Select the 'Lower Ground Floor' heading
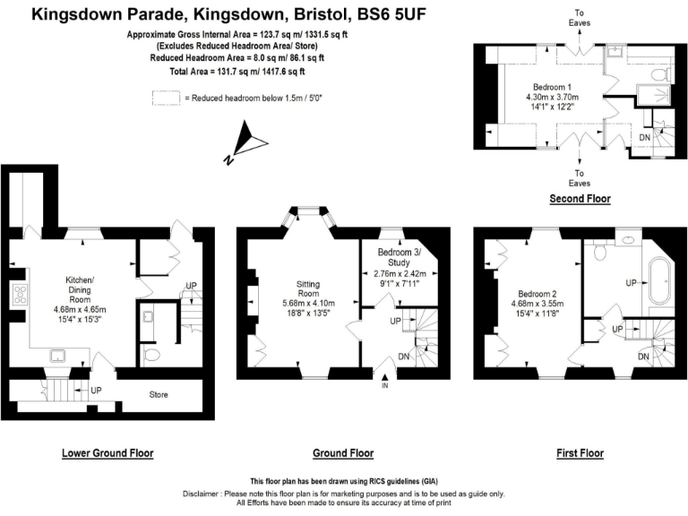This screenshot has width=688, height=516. coord(107,453)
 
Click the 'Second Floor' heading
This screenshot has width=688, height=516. coord(580,199)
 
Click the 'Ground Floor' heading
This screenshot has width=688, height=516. coord(343,453)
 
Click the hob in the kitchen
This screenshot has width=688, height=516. coord(18,294)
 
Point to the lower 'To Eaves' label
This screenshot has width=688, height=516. coord(580,177)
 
